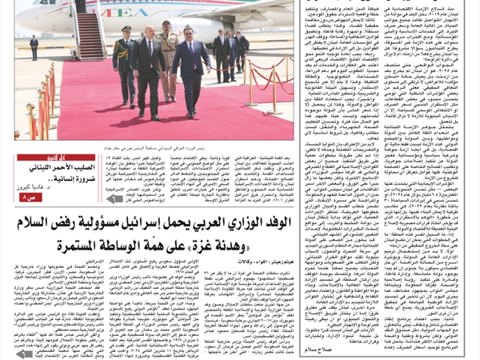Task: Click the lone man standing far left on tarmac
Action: click(x=34, y=46)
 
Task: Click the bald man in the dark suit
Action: click(x=148, y=68)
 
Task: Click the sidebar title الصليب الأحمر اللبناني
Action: click(x=56, y=166)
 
